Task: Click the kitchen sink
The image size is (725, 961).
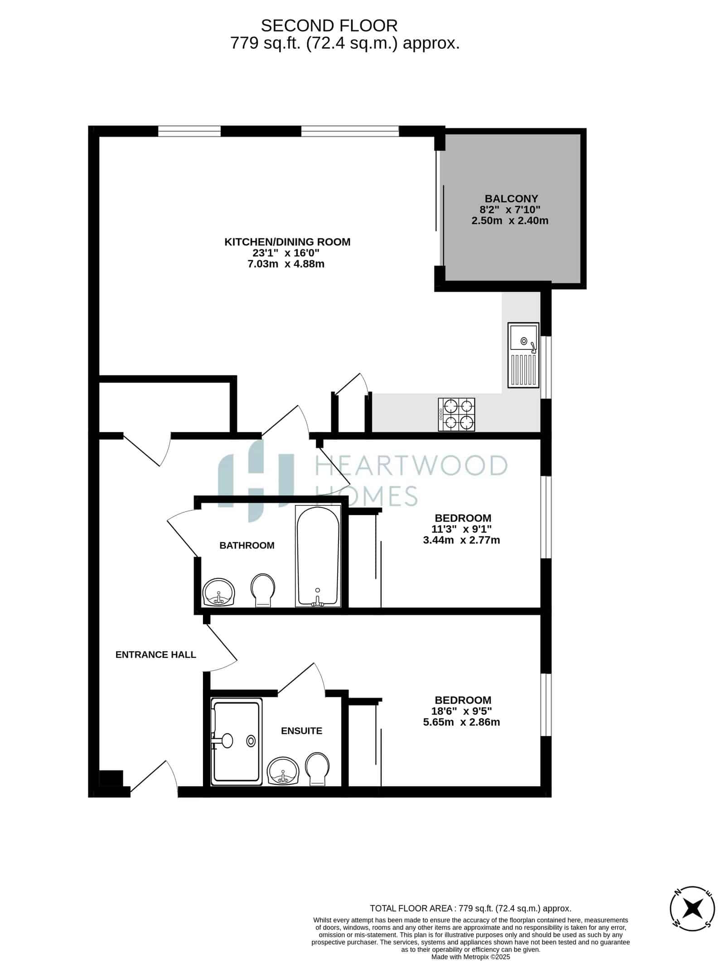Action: pyautogui.click(x=523, y=355)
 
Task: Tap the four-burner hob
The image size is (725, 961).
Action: pyautogui.click(x=456, y=414)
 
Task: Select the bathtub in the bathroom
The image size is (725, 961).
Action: pyautogui.click(x=318, y=556)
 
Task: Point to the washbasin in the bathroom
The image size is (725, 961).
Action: pyautogui.click(x=219, y=592)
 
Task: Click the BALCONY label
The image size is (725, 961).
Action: pyautogui.click(x=511, y=199)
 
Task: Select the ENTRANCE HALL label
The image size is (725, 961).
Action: pyautogui.click(x=156, y=655)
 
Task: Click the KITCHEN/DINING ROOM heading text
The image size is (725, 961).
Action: pyautogui.click(x=287, y=242)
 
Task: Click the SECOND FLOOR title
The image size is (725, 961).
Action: pyautogui.click(x=329, y=25)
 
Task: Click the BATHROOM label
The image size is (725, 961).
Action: pyautogui.click(x=247, y=545)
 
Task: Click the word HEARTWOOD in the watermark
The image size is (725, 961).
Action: pyautogui.click(x=411, y=466)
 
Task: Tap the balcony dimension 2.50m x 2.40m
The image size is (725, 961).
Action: pyautogui.click(x=510, y=221)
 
